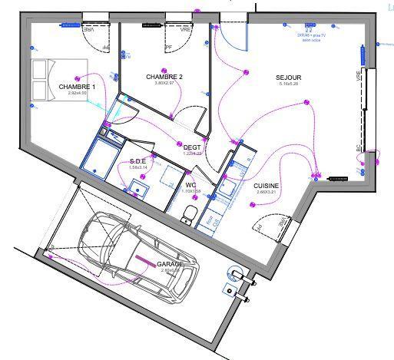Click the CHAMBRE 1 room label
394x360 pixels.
77,87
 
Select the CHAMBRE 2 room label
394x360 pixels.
164,78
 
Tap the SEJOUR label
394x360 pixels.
289,78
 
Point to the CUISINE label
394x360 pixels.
266,186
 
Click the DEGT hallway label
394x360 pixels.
191,147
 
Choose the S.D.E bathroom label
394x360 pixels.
132,161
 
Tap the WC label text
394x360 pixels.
191,186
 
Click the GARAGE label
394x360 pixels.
169,264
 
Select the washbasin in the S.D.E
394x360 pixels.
140,187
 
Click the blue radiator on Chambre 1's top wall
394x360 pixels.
71,24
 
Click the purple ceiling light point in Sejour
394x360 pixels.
306,101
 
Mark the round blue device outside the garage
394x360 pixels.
233,270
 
